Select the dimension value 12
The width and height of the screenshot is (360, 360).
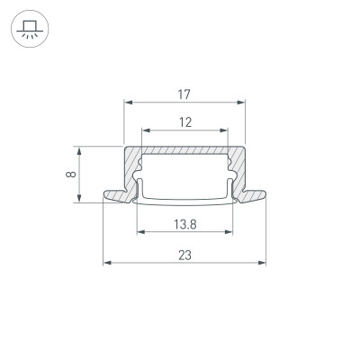(184, 122)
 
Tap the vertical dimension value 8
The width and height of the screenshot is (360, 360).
(69, 174)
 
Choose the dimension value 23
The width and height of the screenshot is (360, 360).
(184, 256)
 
